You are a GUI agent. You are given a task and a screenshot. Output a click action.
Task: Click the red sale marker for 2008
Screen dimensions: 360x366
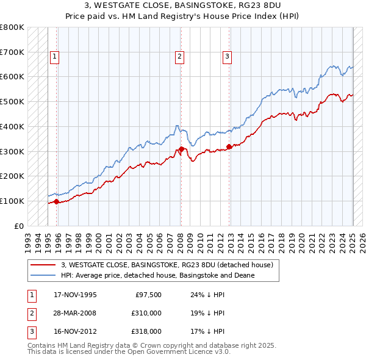pyautogui.click(x=181, y=149)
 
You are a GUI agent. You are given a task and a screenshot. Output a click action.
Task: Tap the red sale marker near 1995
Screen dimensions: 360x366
pyautogui.click(x=56, y=201)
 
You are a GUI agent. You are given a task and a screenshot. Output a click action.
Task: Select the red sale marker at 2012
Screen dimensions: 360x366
pyautogui.click(x=229, y=146)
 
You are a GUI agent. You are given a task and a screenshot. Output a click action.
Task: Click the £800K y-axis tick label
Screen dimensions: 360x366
pyautogui.click(x=12, y=27)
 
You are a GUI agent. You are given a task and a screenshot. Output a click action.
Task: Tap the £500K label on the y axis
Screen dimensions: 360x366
pyautogui.click(x=12, y=102)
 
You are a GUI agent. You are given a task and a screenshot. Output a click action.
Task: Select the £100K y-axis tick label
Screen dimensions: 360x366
pyautogui.click(x=12, y=201)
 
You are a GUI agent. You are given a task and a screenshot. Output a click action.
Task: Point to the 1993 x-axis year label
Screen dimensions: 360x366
pyautogui.click(x=27, y=239)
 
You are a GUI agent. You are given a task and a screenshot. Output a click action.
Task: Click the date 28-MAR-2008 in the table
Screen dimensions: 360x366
pyautogui.click(x=75, y=313)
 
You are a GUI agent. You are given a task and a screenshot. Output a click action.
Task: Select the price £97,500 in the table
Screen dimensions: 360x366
pyautogui.click(x=148, y=295)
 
